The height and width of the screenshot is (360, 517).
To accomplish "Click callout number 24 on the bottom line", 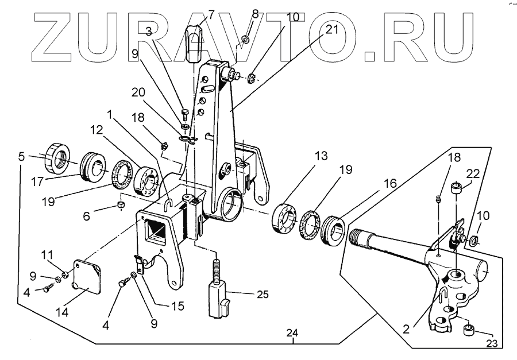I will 294,333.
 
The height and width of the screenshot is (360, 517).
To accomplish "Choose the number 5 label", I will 21,155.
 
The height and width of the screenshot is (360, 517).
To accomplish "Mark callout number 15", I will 179,307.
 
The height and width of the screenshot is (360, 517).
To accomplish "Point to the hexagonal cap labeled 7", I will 196,38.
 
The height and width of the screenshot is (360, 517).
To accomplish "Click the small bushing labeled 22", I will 456,187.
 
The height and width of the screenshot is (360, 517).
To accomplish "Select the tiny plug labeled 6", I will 121,205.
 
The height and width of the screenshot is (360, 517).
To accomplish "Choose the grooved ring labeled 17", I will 91,165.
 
